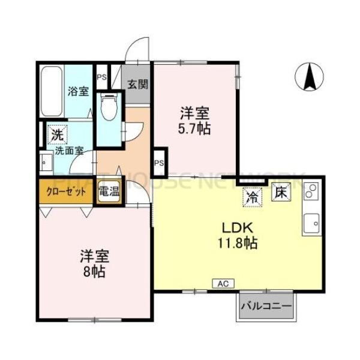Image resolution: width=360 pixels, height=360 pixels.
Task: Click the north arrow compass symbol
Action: coord(311,76)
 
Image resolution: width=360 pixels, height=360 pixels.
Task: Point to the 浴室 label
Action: coord(78,92)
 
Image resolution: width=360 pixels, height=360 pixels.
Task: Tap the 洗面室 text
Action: coord(70,151)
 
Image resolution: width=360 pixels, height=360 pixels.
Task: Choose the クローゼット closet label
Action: coord(66,192)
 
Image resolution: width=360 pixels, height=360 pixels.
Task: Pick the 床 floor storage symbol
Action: coord(280,194)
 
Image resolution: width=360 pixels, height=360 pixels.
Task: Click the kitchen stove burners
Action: coord(311,193)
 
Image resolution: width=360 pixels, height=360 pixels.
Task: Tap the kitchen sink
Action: coord(313,224)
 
